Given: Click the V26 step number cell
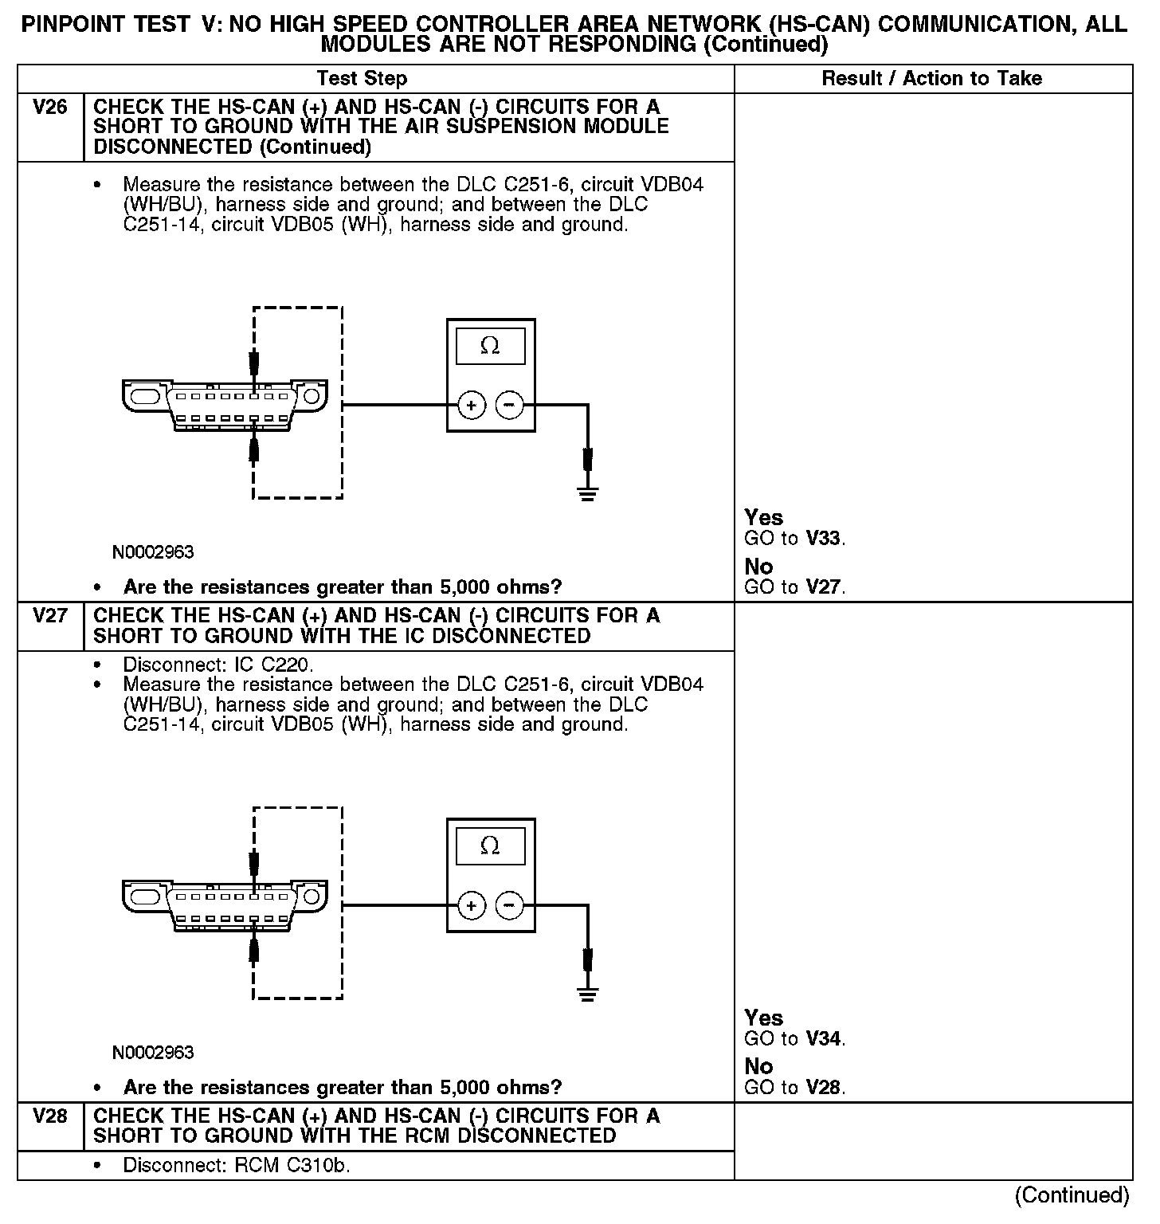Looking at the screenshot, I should point(50,108).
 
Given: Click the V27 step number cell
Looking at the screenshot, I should point(50,616).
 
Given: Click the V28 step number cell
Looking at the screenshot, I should point(50,1116).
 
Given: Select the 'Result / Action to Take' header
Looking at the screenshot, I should point(931,79).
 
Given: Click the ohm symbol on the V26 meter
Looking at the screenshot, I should point(490,347).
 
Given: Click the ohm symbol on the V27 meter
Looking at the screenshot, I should point(490,846).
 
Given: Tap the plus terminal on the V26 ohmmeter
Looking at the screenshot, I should point(472,406).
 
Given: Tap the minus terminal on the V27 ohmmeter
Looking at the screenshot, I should point(510,906).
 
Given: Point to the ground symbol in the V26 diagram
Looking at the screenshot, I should point(587,493).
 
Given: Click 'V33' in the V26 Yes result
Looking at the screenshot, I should point(824,539).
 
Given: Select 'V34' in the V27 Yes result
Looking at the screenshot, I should point(824,1039).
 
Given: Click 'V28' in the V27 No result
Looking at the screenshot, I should point(824,1088).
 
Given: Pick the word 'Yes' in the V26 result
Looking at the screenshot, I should point(763,518).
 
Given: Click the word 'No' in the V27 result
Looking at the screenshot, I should point(758,1067).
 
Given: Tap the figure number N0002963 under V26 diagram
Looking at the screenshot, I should point(153,552).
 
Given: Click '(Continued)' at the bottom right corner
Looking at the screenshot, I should point(1072,1195).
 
